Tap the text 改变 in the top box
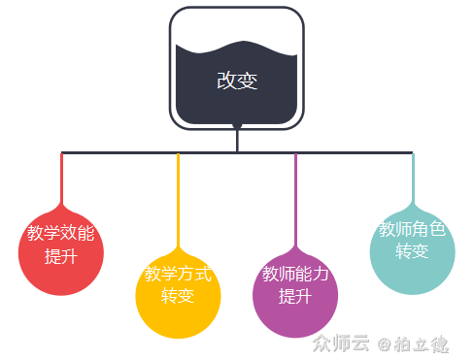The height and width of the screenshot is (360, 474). point(237,81)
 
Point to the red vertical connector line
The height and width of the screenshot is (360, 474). point(62,180)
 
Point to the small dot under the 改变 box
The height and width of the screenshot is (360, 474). point(237,127)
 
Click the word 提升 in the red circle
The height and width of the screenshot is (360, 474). point(61,256)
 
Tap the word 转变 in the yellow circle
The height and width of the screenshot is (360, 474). point(178,295)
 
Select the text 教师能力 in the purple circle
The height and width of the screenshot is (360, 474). point(295,274)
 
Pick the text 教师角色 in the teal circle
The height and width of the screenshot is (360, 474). point(412,230)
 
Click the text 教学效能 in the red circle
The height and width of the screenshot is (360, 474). point(61,234)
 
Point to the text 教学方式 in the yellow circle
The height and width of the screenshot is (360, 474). point(178,274)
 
